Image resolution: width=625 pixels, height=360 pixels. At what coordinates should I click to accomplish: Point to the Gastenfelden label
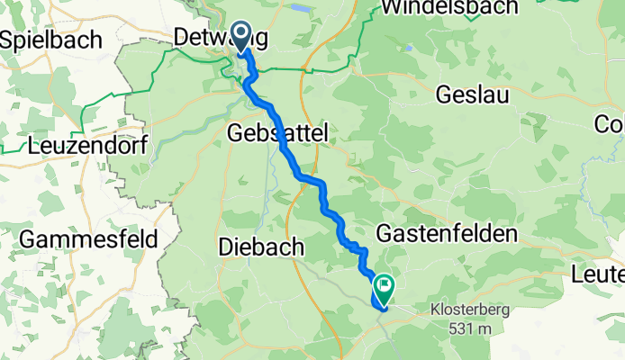coord(453,234)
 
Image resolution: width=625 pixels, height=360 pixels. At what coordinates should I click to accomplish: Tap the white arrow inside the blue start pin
coord(241,35)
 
